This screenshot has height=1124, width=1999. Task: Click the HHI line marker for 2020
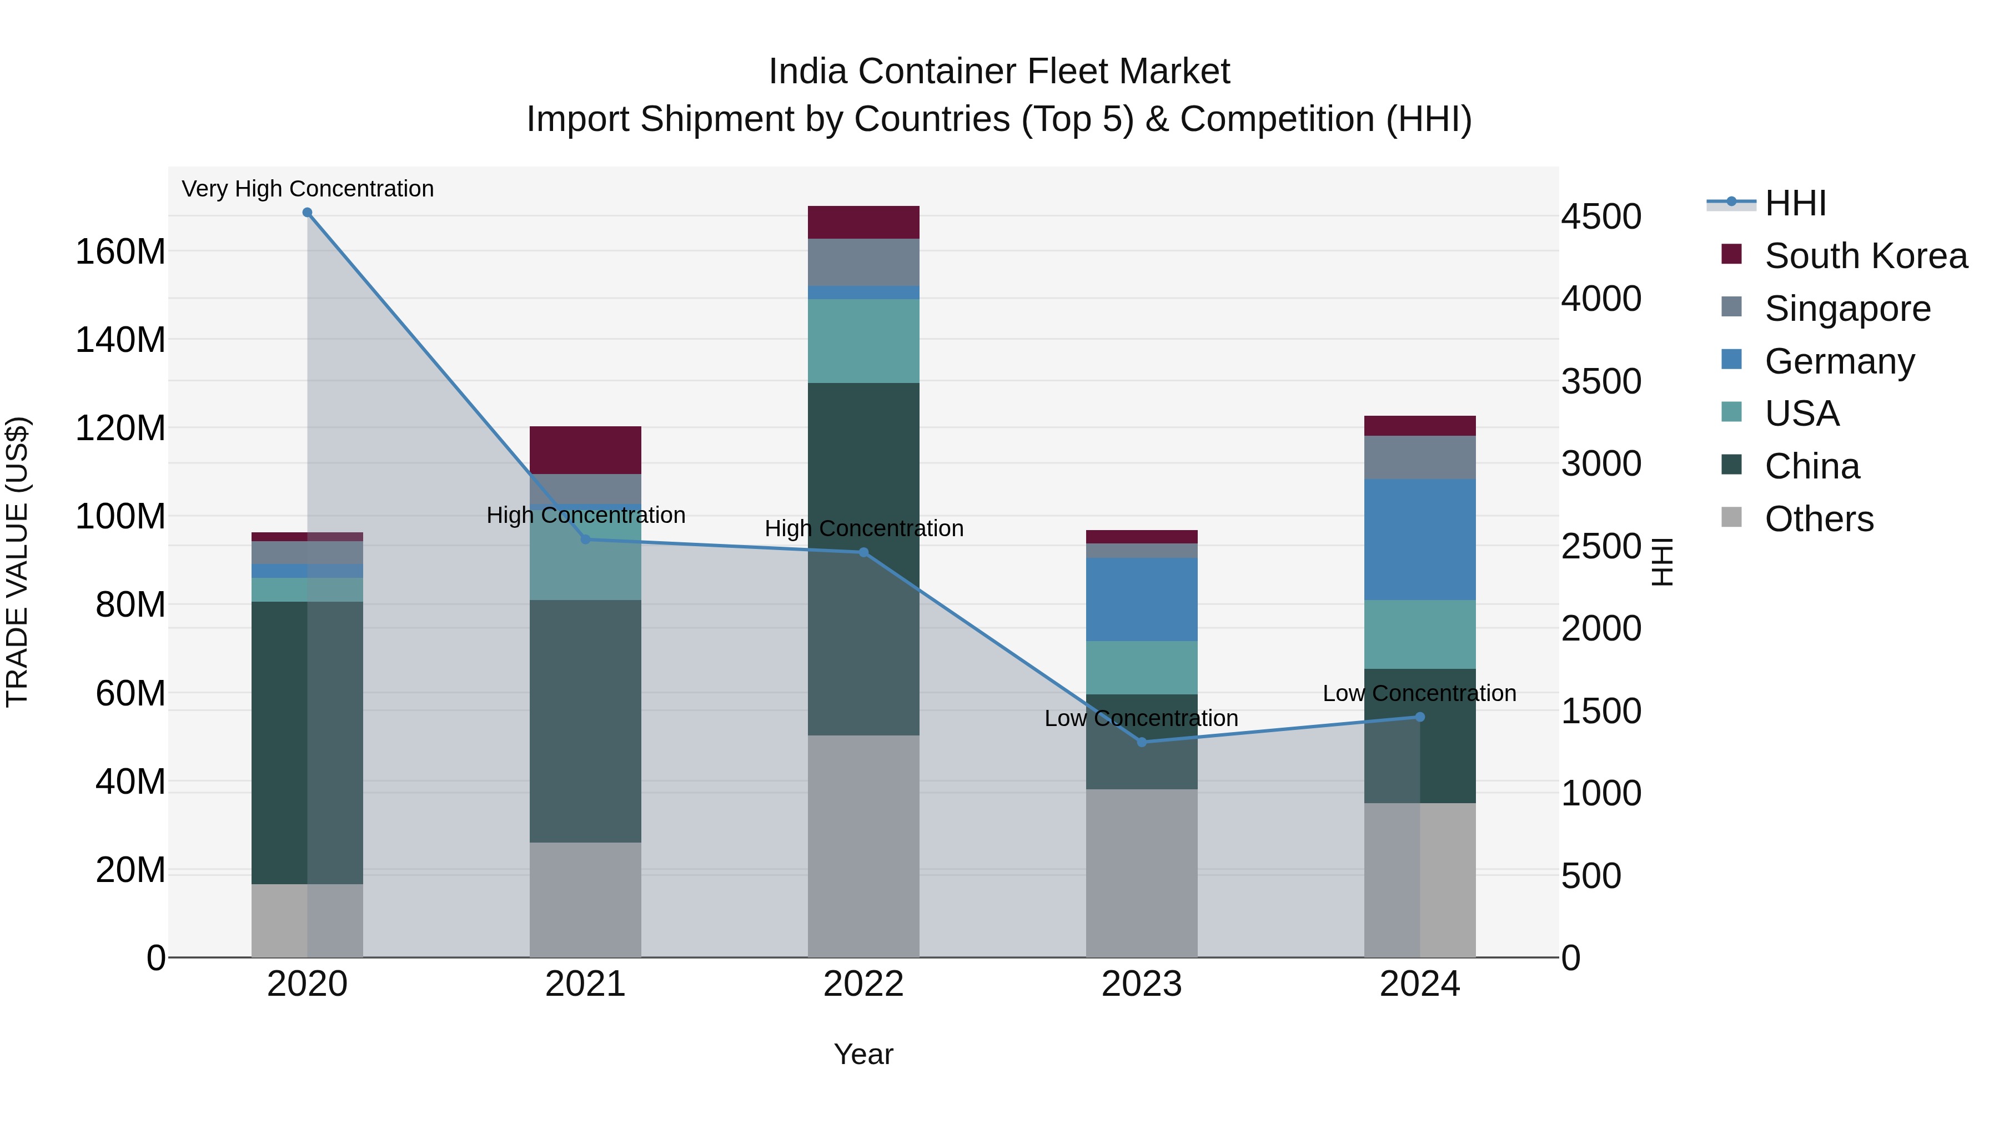(x=307, y=213)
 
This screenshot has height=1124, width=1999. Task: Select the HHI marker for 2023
(x=1142, y=742)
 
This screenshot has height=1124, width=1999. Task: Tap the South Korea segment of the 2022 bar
(x=863, y=223)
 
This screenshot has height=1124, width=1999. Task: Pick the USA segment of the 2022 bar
(x=863, y=341)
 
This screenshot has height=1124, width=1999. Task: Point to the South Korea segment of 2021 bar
(x=585, y=450)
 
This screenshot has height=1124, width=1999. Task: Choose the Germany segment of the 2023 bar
(x=1142, y=599)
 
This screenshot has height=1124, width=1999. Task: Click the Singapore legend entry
(x=1847, y=309)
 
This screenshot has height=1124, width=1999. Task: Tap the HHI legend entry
(x=1794, y=203)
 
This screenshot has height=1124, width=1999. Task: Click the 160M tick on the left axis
(x=120, y=252)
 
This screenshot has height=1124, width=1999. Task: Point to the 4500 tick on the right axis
(x=1601, y=216)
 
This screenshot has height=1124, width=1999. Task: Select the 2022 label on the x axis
(x=863, y=984)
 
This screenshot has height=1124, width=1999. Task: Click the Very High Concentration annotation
(x=307, y=189)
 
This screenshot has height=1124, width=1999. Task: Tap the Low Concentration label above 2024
(x=1419, y=693)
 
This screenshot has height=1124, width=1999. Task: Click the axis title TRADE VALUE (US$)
(x=17, y=562)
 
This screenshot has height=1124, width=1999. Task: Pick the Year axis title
(x=863, y=1054)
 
